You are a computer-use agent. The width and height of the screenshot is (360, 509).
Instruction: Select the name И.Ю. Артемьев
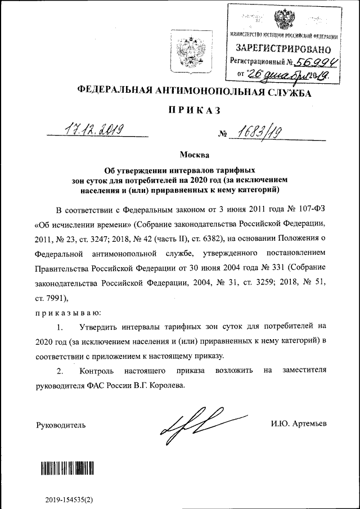[x=298, y=424]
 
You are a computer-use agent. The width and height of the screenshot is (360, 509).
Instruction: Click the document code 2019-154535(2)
[x=69, y=499]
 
